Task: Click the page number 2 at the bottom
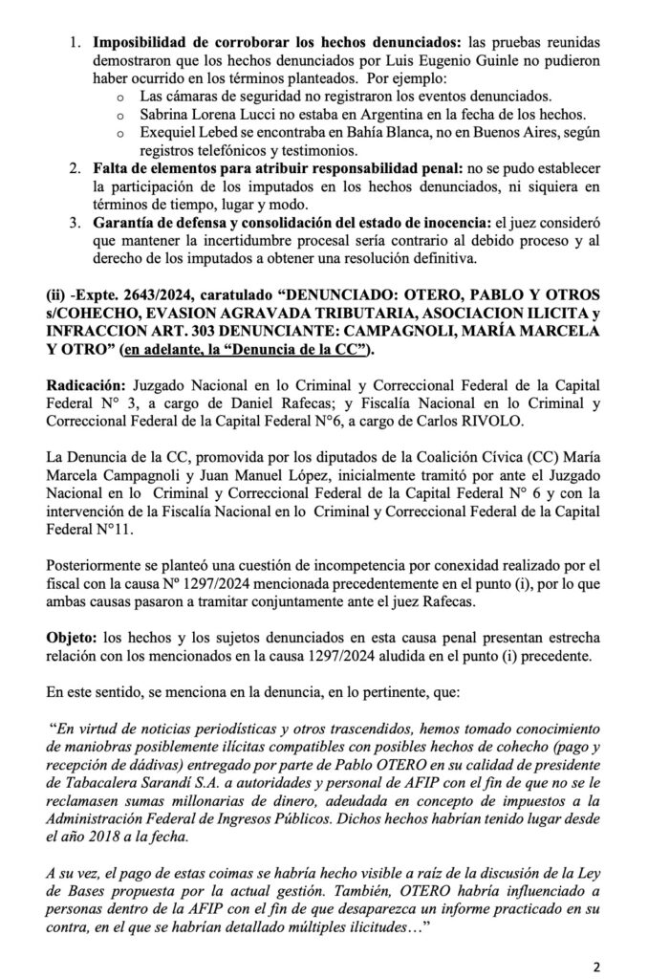(596, 966)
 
